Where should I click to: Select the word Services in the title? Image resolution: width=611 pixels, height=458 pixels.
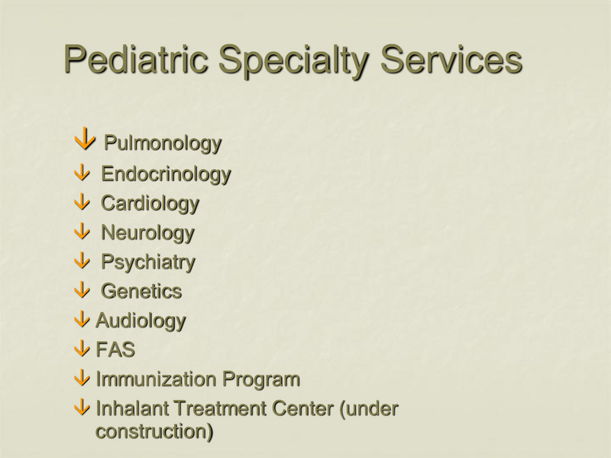click(x=451, y=59)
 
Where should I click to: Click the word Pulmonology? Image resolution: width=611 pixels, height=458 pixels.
click(x=163, y=143)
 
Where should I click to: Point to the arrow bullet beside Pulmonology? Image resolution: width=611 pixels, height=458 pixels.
click(x=86, y=140)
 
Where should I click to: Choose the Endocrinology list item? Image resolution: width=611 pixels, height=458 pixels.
click(x=166, y=175)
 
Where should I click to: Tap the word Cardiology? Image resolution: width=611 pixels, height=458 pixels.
click(x=150, y=204)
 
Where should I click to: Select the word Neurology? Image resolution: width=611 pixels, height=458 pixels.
click(x=147, y=233)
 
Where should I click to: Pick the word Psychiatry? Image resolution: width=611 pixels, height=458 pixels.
click(x=148, y=263)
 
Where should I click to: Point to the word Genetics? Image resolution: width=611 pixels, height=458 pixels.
click(x=141, y=291)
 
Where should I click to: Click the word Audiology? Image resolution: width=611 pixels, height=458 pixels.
click(x=141, y=321)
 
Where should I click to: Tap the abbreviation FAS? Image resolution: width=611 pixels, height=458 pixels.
click(x=115, y=350)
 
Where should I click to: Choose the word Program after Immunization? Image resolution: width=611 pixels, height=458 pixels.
click(x=260, y=379)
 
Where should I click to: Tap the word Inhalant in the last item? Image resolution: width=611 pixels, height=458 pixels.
click(x=131, y=408)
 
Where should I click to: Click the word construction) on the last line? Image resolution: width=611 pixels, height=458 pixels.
click(x=154, y=431)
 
